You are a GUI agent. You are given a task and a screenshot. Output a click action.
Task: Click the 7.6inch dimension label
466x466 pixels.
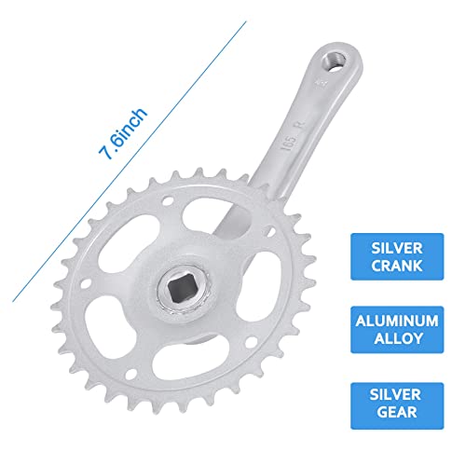coord(123,134)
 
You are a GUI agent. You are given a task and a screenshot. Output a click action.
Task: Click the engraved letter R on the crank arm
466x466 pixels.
coord(300,126)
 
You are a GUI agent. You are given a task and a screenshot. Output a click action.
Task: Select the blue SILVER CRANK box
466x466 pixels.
coord(397,256)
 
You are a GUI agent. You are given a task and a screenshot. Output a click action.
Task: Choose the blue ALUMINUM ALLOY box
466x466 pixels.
coord(397,330)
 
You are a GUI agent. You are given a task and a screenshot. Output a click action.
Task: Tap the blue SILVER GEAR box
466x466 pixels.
coord(397,406)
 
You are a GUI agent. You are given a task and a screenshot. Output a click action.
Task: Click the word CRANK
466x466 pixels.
coord(397,266)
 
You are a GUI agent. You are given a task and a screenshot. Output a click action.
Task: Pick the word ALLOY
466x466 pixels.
coord(398,338)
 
